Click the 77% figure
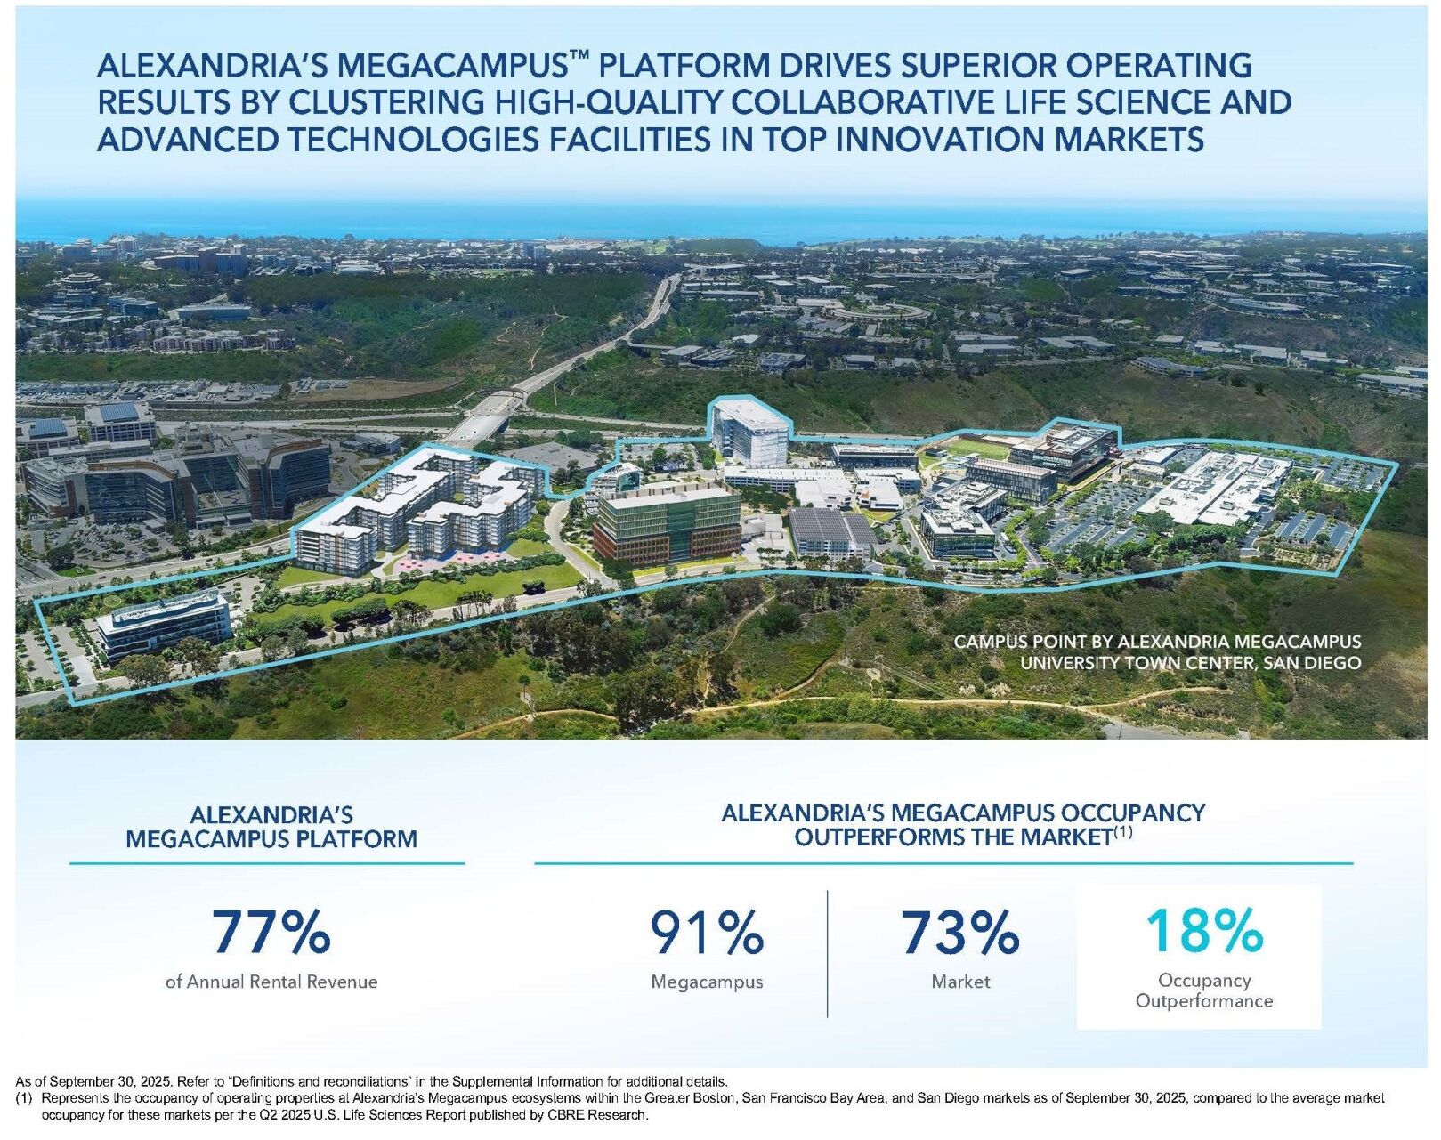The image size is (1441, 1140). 271,931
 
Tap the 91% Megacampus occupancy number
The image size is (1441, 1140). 706,931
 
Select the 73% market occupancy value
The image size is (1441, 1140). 959,931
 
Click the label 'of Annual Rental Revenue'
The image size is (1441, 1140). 271,982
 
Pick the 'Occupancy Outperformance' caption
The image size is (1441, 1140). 1203,990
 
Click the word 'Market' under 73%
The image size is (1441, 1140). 960,982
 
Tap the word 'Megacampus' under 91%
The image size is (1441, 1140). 707,982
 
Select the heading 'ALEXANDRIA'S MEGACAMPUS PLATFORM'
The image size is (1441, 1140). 271,827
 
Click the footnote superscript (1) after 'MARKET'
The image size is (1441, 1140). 1123,832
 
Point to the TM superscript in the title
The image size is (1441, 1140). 579,56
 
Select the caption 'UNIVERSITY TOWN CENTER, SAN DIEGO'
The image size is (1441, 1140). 1190,663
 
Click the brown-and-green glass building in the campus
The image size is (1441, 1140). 666,524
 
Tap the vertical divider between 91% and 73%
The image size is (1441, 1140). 828,953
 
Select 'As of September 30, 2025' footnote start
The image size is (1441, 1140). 90,1081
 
